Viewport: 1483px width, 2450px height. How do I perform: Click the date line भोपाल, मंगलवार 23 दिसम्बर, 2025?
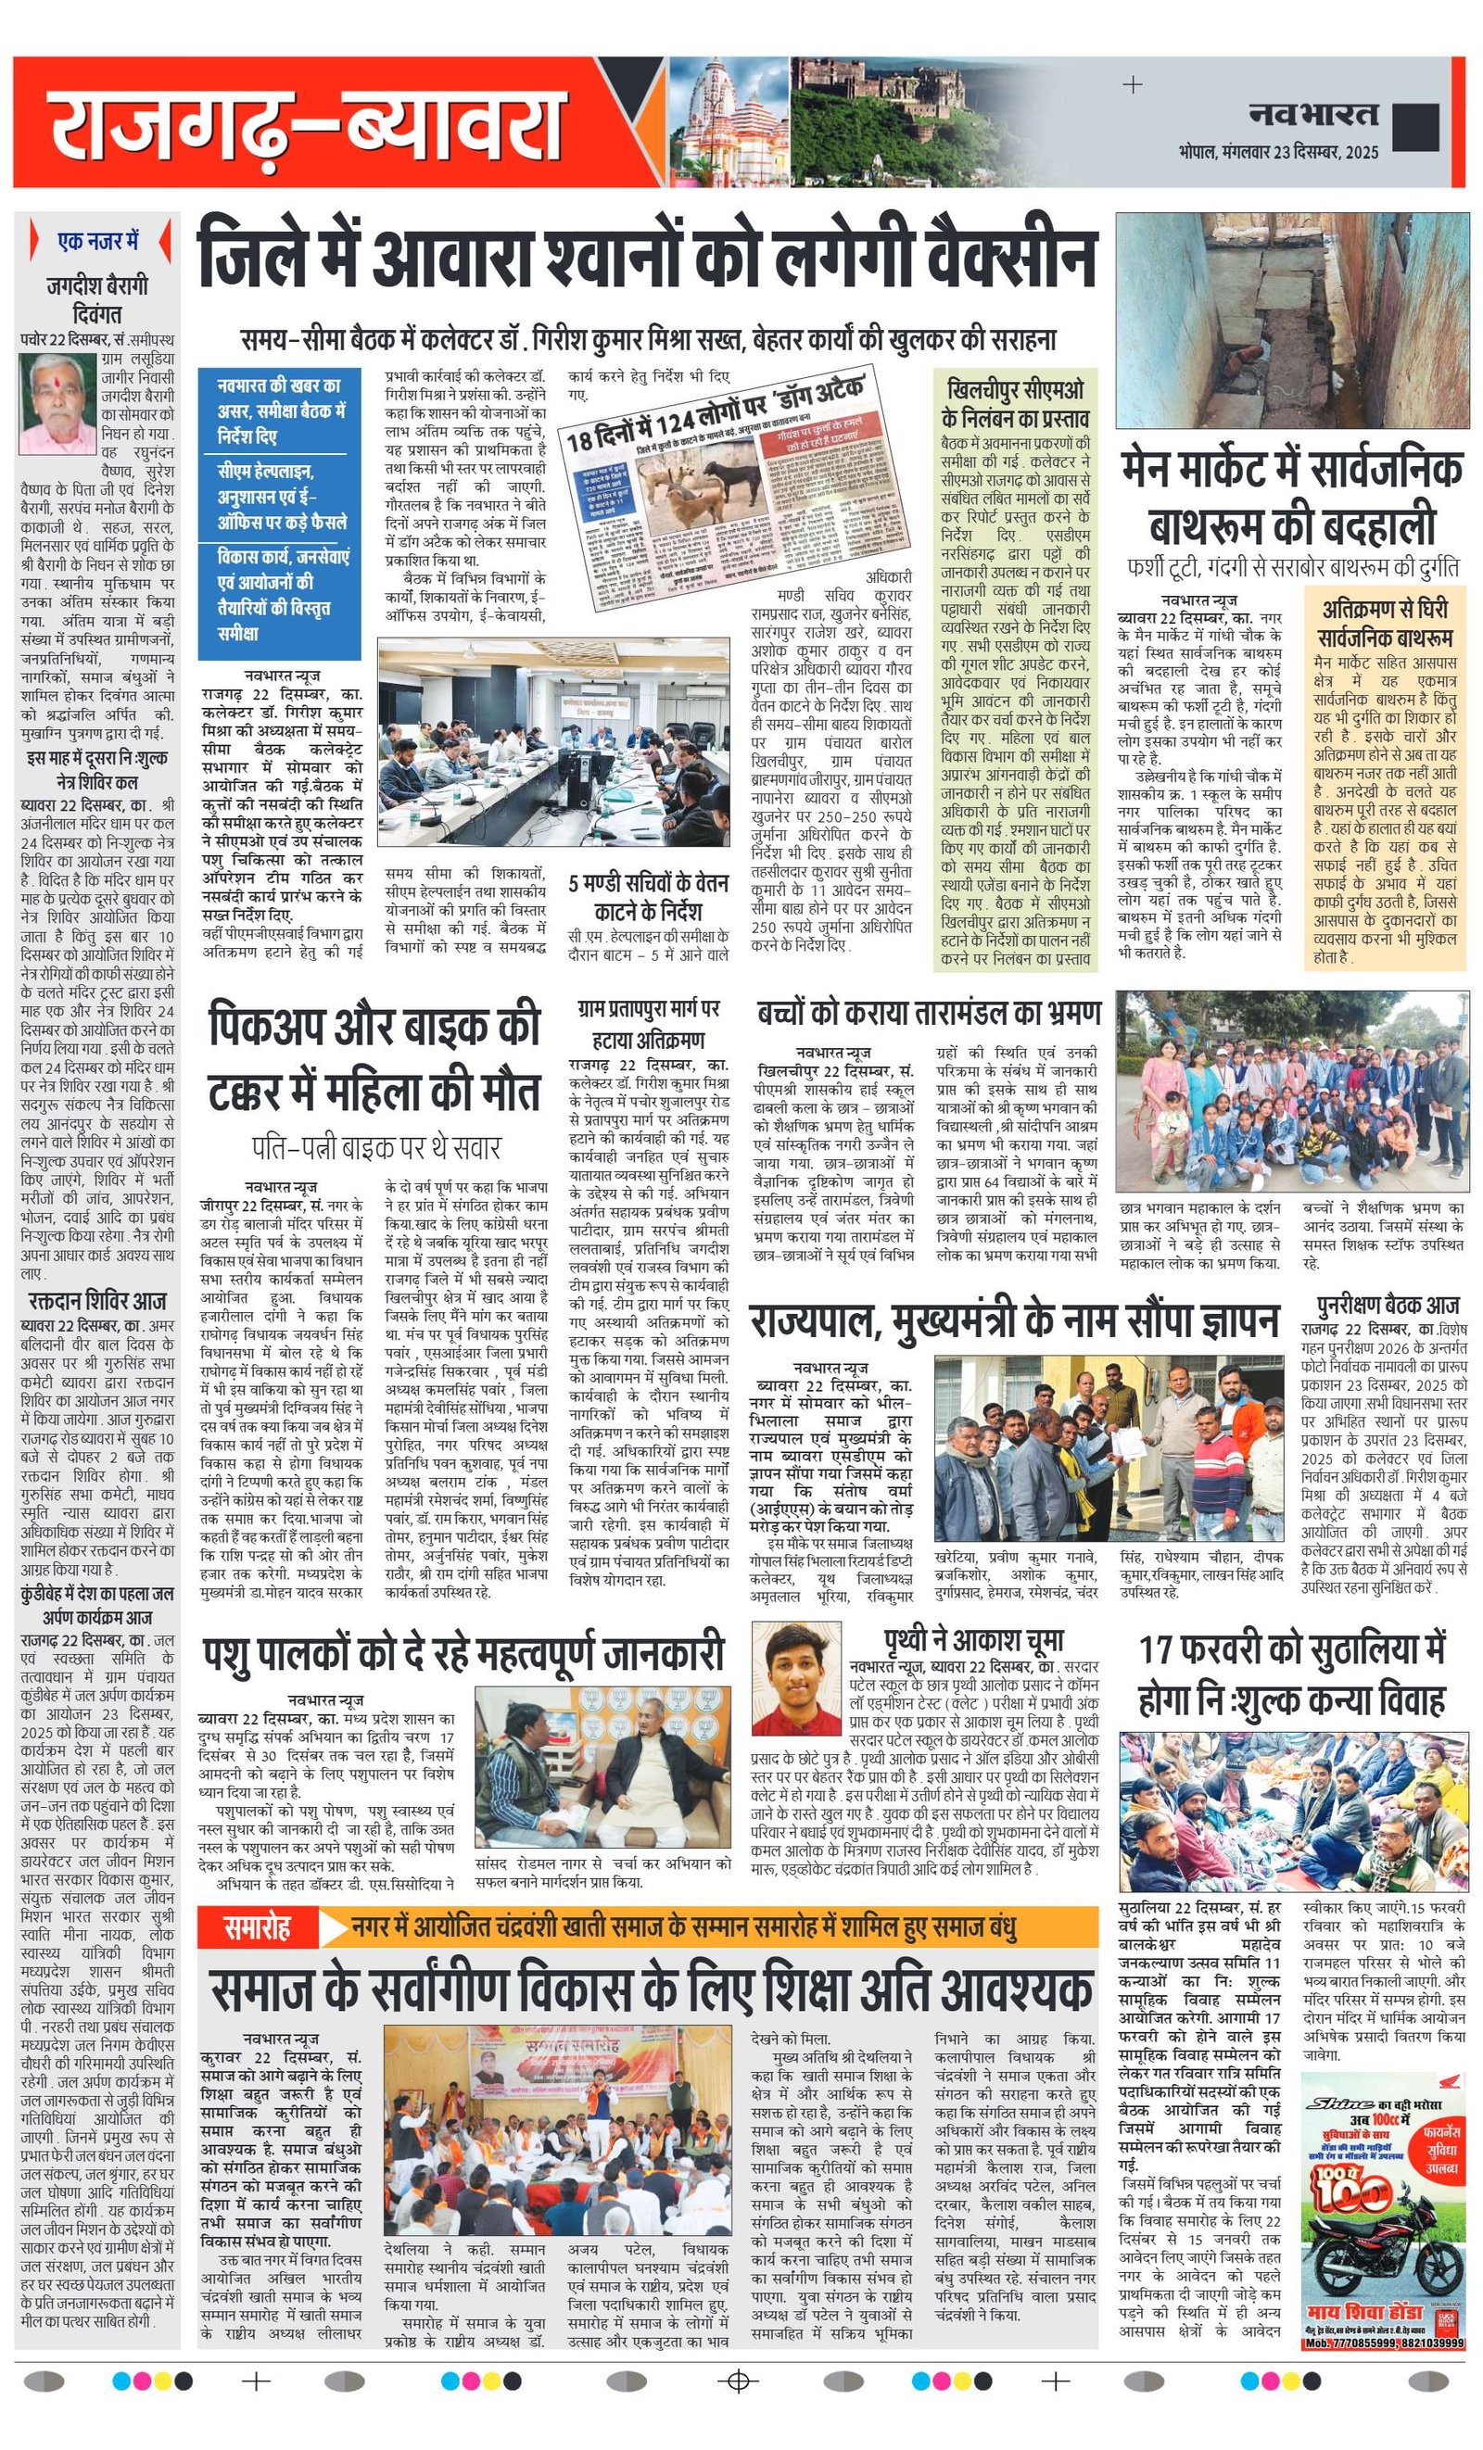1278,153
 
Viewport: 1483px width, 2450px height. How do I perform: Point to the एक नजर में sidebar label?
98,242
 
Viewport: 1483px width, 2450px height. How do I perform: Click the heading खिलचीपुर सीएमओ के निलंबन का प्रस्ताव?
1016,404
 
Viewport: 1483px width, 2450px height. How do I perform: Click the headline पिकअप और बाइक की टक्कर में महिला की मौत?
374,1060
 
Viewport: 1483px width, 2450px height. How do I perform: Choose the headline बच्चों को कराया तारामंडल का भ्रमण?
928,1013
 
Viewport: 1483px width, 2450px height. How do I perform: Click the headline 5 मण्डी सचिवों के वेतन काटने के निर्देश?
649,896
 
